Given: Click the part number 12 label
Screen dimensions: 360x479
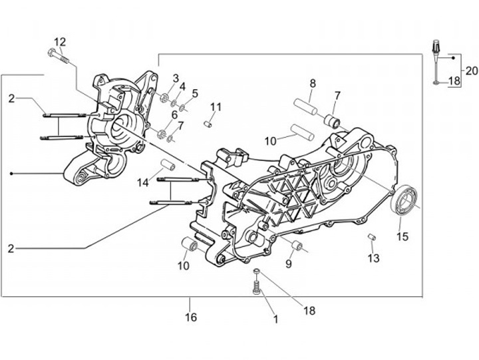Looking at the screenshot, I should (x=61, y=41).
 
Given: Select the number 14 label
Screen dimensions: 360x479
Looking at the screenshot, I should (x=142, y=182).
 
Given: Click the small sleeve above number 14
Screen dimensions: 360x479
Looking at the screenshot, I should (x=166, y=164).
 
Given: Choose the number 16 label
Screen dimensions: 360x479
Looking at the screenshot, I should (x=190, y=317).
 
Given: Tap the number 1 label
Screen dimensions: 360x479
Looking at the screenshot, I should (x=275, y=319).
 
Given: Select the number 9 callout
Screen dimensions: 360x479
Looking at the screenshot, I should (x=288, y=264).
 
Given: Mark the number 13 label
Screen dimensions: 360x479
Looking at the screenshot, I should (x=373, y=258).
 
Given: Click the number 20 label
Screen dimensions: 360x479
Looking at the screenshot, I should (x=471, y=71).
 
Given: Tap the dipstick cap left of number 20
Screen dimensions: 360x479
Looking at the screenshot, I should (x=436, y=49).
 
